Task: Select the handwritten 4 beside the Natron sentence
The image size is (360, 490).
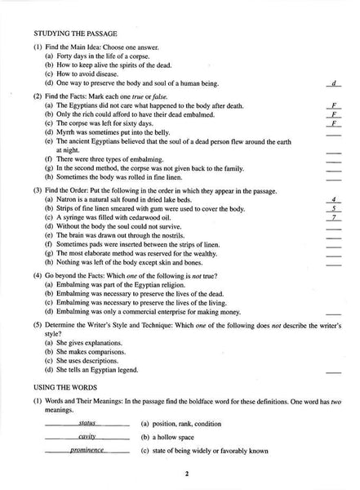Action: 334,199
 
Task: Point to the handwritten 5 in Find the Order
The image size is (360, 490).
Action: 334,208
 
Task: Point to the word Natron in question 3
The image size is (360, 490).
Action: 65,199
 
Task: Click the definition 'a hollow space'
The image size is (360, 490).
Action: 171,438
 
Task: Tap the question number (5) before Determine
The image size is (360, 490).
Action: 38,325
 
